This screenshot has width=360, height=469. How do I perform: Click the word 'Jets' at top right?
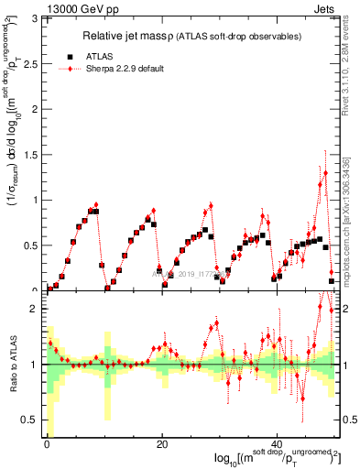coord(325,8)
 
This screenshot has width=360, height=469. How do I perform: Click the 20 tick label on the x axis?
coord(162,446)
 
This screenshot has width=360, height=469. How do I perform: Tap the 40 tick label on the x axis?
coord(277,446)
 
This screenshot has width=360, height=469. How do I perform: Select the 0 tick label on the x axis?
coord(47,446)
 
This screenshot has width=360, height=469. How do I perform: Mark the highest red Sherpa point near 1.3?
coord(325,172)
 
